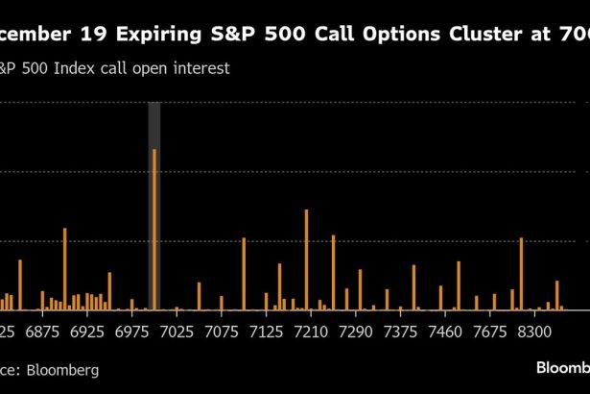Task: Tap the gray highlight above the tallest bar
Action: click(x=153, y=125)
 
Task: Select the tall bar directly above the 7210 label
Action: click(x=306, y=259)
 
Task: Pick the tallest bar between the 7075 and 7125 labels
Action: click(x=244, y=274)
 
